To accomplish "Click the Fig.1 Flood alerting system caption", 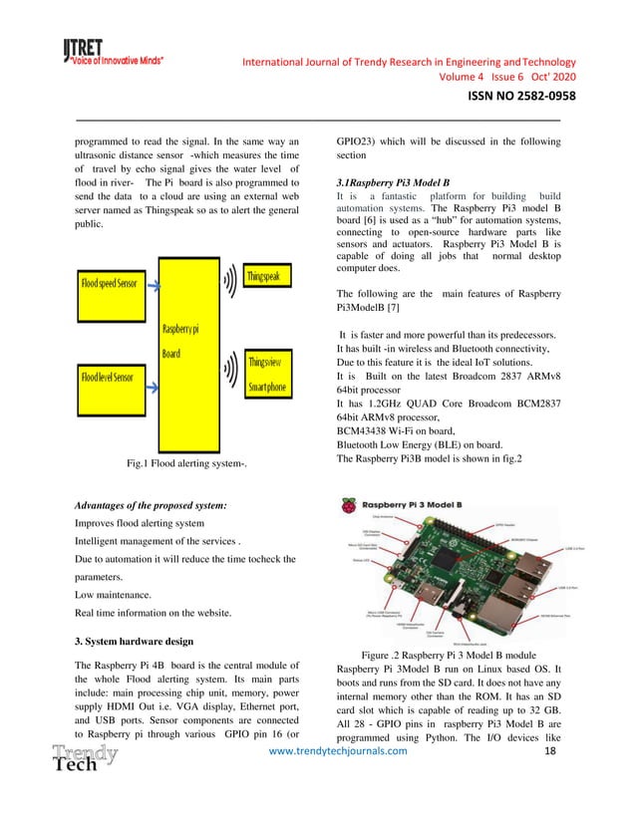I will (x=186, y=463).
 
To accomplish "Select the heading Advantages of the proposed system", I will (x=151, y=506).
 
